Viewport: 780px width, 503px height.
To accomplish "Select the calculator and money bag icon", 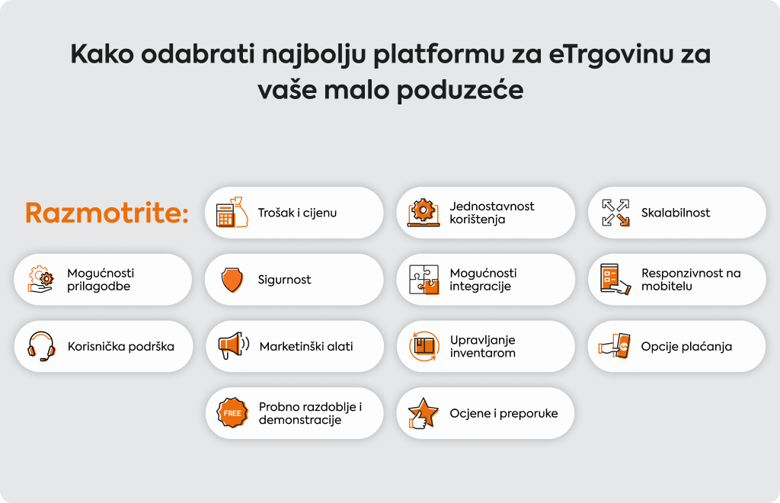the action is point(232,213).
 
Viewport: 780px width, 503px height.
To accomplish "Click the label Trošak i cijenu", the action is point(297,213).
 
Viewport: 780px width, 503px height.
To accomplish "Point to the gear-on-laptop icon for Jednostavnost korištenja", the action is point(424,213).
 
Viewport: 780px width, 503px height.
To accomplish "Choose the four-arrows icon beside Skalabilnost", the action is point(615,213).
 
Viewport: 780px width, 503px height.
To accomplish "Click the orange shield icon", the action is point(232,280).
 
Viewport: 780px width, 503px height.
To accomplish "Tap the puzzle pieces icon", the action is point(424,280).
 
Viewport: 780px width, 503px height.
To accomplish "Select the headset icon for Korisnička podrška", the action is point(41,346).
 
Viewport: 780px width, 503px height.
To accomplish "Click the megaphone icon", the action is point(233,346).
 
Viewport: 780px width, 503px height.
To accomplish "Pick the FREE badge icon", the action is point(232,413).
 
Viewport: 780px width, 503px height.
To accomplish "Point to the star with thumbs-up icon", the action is point(424,413).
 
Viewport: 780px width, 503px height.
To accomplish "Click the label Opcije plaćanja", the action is point(686,347).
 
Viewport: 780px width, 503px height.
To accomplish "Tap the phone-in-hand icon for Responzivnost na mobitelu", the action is point(615,279).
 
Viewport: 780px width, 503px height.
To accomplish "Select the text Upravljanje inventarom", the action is point(482,346).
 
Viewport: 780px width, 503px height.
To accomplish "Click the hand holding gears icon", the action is point(41,279).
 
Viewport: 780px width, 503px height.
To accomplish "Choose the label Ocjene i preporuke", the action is point(503,413).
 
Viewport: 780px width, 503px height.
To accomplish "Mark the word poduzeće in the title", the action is point(459,91).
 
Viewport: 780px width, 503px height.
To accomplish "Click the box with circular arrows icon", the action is point(424,346).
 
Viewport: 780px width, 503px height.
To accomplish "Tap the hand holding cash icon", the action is point(614,346).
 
